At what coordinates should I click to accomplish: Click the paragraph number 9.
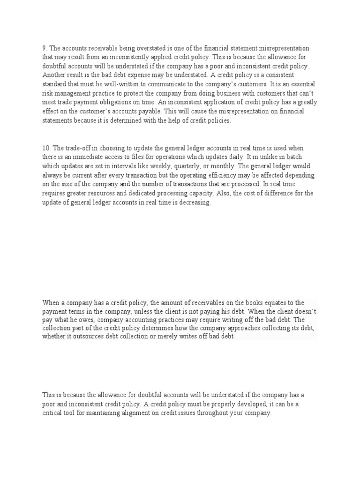(x=44, y=48)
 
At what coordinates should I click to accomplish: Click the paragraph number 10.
(x=46, y=149)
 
